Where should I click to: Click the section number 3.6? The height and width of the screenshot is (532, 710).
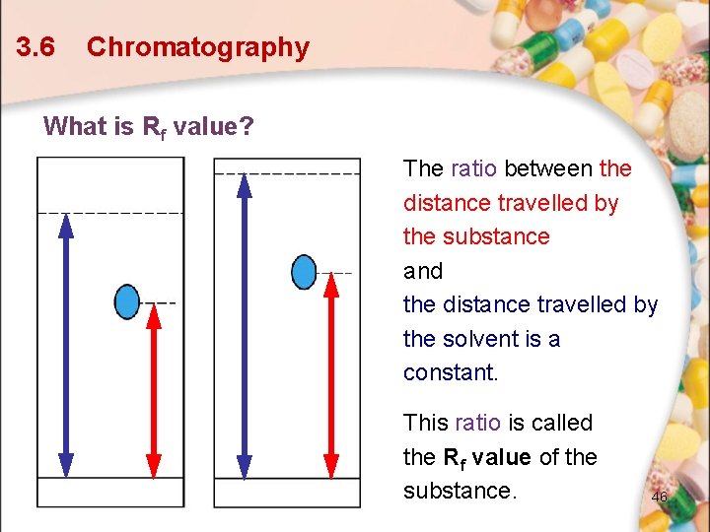(35, 47)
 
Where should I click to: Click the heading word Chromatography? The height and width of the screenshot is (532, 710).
(198, 47)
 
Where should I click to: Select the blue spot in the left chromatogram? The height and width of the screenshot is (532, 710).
(127, 301)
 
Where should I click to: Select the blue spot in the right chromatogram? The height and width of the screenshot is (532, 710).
(305, 271)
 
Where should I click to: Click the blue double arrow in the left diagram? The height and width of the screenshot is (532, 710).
(66, 345)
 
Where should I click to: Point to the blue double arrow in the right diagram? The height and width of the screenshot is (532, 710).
(244, 325)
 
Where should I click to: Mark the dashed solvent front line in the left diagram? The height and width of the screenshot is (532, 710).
(109, 213)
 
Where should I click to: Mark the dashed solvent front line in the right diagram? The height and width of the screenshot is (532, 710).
(287, 173)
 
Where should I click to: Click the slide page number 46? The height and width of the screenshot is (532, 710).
(659, 498)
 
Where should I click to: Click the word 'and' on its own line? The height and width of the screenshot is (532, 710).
(423, 271)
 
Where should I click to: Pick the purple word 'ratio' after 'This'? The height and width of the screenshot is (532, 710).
(478, 423)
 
